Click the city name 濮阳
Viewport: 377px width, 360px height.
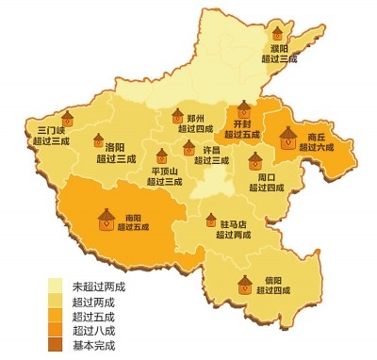tap(280, 48)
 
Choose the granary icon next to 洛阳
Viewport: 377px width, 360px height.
tap(97, 141)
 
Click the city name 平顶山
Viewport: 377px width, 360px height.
tap(166, 172)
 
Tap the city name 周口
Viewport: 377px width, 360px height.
tap(267, 176)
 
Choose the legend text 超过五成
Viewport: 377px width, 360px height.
tap(93, 316)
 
